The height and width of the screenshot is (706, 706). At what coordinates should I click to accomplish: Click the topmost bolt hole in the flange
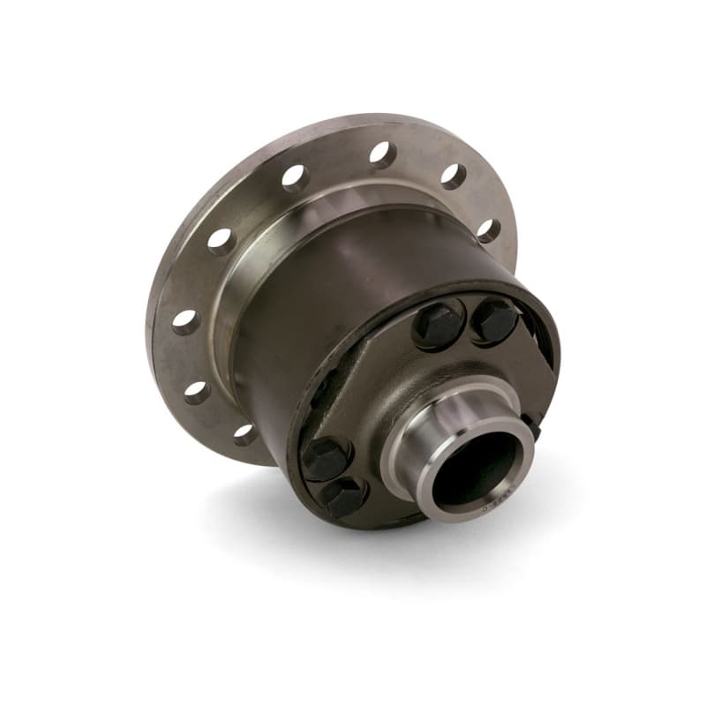[x=383, y=155]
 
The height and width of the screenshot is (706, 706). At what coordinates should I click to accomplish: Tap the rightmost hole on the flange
[x=488, y=230]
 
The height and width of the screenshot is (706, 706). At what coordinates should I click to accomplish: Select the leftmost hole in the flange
[x=185, y=321]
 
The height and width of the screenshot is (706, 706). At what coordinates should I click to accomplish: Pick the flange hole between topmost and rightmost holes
[x=453, y=176]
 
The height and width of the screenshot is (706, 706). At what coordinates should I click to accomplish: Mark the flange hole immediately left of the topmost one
[x=295, y=178]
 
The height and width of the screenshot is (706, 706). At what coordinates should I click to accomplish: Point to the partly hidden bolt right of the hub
[x=533, y=425]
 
